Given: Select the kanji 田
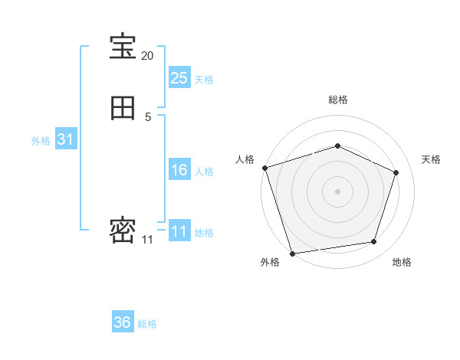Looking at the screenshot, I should click(x=123, y=109).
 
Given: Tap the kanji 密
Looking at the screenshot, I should click(x=123, y=231).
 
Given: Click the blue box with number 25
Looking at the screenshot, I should click(x=179, y=77).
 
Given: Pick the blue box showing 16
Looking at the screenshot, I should click(x=179, y=170).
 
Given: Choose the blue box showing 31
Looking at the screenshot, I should click(x=65, y=139).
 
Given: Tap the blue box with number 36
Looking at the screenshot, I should click(x=123, y=322).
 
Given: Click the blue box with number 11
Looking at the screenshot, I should click(x=179, y=231).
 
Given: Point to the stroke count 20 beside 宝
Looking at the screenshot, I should click(x=147, y=56).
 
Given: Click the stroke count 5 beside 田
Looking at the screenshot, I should click(x=148, y=117).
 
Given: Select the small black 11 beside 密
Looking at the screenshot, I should click(x=147, y=240).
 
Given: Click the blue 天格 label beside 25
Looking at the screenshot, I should click(x=204, y=80).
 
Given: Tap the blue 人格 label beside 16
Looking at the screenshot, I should click(x=204, y=172).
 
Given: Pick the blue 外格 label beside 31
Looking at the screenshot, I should click(x=41, y=141).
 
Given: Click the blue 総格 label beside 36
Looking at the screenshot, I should click(x=147, y=324).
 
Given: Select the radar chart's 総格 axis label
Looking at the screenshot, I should click(x=337, y=100).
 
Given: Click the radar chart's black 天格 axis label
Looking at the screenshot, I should click(x=432, y=159).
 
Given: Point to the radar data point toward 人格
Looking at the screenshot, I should click(x=264, y=168).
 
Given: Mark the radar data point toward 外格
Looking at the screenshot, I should click(x=292, y=253).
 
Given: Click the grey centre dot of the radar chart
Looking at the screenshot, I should click(x=337, y=191).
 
